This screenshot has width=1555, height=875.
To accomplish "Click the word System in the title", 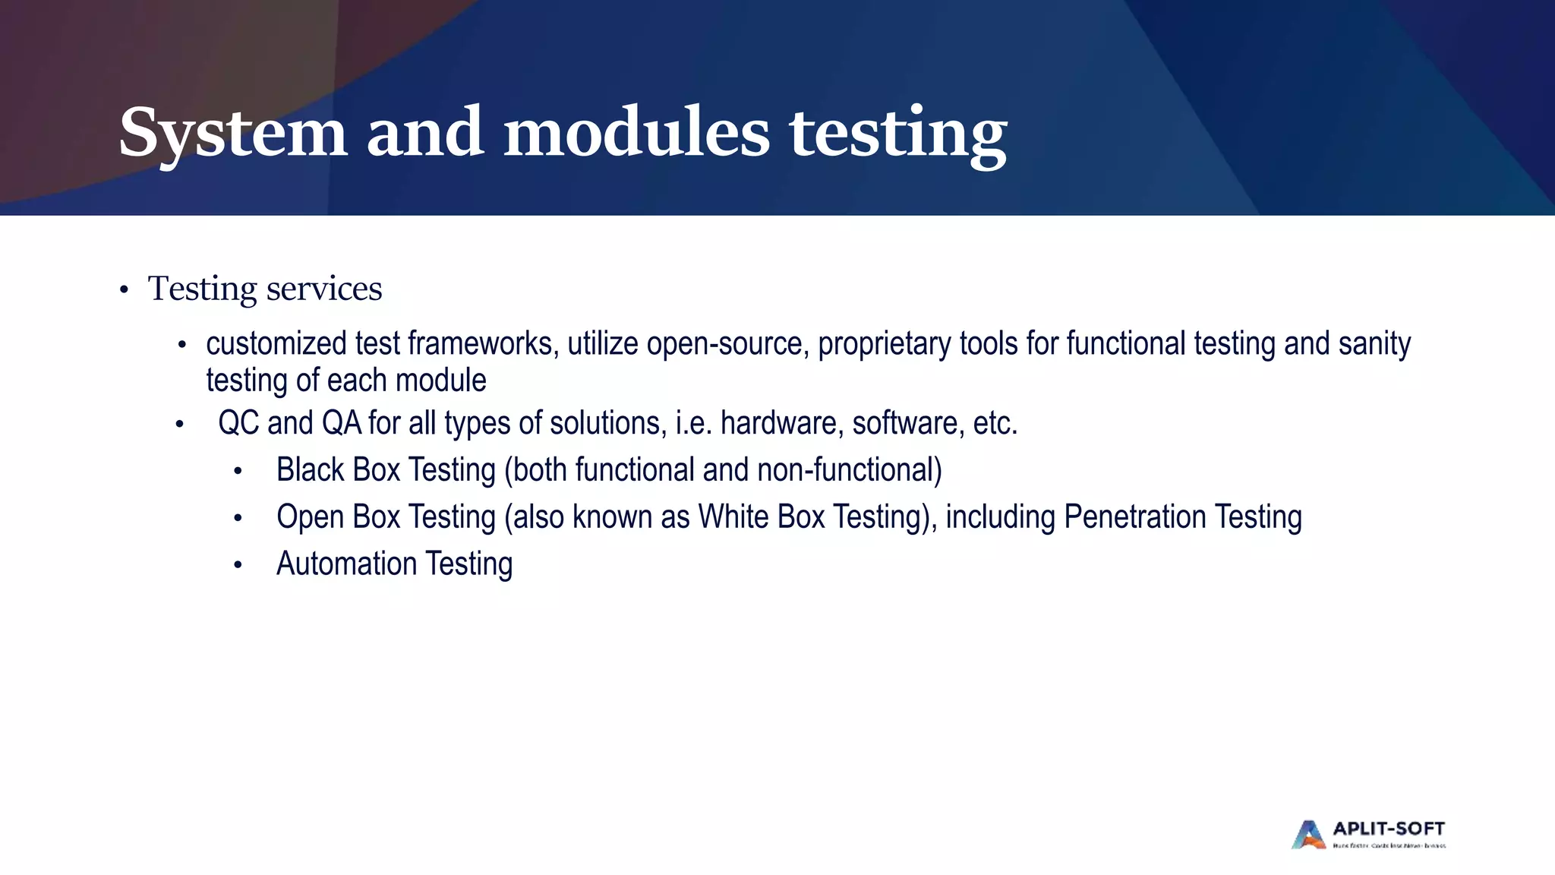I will (232, 134).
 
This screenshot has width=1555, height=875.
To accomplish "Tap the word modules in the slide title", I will (636, 132).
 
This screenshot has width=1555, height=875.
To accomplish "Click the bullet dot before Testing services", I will (124, 291).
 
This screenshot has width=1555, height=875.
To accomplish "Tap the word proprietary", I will (884, 344).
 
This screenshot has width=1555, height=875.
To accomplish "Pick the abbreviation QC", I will (238, 423).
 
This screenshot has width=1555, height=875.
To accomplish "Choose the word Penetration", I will (1134, 517).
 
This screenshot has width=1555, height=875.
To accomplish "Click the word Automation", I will (346, 564).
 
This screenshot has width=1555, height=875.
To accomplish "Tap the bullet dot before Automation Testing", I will (238, 565).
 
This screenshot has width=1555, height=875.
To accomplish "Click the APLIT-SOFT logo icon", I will (1308, 835).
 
